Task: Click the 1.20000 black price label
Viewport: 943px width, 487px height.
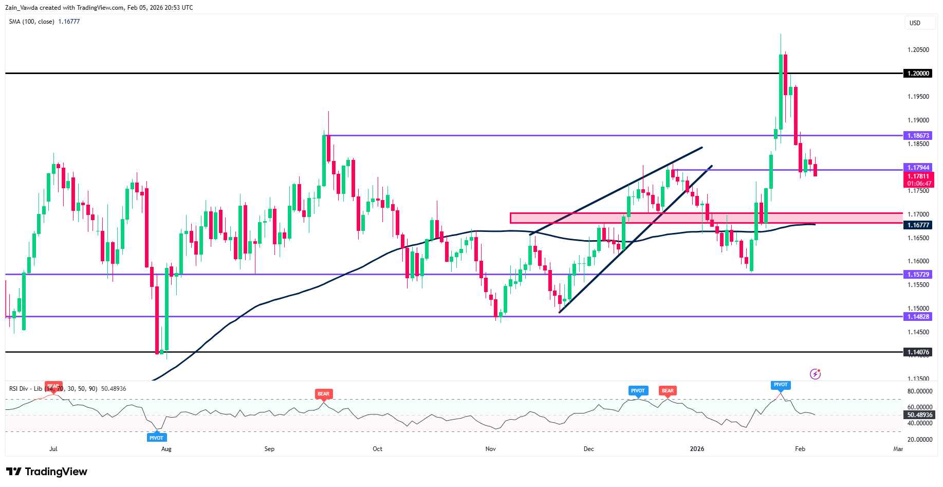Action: (918, 74)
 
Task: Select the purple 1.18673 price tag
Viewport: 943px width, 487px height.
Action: (918, 136)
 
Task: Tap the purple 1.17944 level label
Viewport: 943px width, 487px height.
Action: (918, 168)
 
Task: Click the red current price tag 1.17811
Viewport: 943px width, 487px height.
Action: (919, 176)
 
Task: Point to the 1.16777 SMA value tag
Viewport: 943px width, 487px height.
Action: (918, 225)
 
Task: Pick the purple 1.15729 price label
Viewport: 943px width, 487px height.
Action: (918, 275)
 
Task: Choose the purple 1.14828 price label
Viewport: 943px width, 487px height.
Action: (918, 317)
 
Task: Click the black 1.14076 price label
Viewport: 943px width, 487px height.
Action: (918, 352)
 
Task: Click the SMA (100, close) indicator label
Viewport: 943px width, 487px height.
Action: (31, 22)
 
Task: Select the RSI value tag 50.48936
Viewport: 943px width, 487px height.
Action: (919, 415)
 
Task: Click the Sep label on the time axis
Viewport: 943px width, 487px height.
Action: (269, 449)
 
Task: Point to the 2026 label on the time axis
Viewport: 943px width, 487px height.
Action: (697, 449)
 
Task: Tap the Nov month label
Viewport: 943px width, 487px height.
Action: (491, 449)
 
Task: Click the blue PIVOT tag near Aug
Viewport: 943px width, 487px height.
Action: (156, 438)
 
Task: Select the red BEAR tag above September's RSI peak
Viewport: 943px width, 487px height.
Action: (323, 394)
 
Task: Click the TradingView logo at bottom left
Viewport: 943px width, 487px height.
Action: (47, 472)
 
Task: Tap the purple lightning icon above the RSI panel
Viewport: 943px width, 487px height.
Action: (815, 374)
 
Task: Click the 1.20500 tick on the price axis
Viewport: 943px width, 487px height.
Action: (918, 50)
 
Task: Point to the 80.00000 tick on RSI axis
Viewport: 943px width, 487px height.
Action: (919, 391)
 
